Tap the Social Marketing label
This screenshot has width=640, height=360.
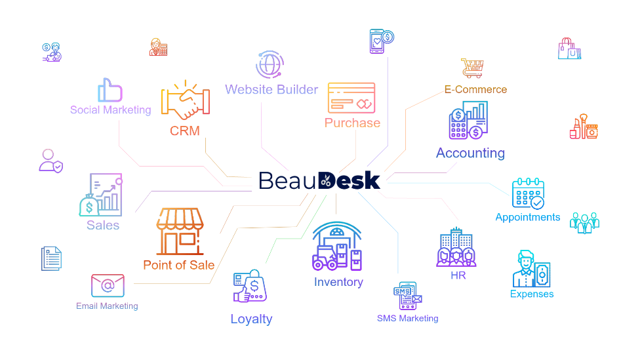110,110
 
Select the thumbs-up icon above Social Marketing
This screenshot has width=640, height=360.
110,90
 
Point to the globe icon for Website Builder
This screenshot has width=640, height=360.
270,66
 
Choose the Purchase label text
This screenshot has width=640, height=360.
352,123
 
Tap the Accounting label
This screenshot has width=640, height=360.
470,153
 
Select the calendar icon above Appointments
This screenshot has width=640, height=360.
528,193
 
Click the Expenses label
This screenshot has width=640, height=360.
532,294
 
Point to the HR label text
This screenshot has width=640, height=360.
458,276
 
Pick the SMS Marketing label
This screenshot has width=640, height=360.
407,319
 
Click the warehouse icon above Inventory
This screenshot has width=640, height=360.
337,247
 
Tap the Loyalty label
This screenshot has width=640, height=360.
251,319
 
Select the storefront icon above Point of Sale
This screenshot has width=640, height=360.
180,231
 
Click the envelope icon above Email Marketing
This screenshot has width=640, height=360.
108,285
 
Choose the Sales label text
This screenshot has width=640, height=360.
103,225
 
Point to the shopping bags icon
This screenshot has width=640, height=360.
569,49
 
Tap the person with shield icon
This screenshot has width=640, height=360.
50,161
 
